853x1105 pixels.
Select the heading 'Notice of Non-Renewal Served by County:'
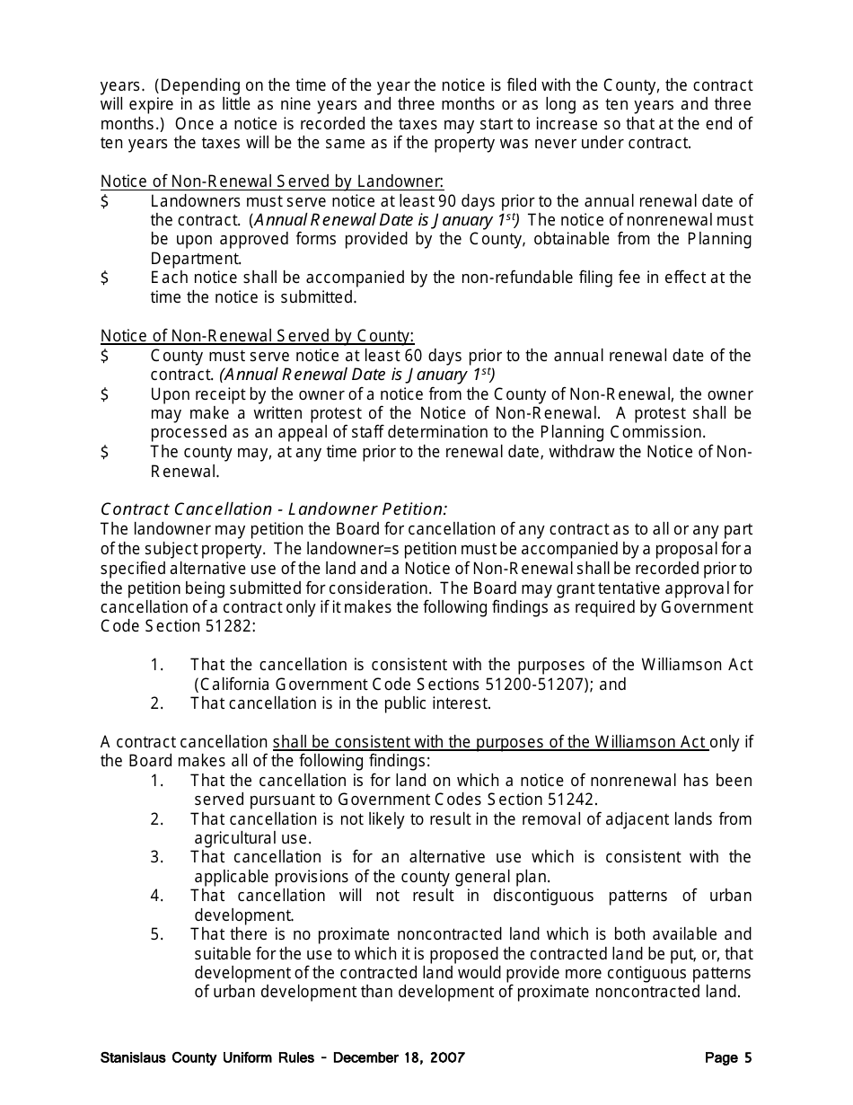pyautogui.click(x=257, y=336)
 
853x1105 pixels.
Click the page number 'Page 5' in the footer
pyautogui.click(x=728, y=1057)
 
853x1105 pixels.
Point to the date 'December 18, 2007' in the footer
pyautogui.click(x=399, y=1057)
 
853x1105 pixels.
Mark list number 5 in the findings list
pyautogui.click(x=157, y=934)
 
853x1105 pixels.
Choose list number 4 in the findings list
pyautogui.click(x=157, y=896)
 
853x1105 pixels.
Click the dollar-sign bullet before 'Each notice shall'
pyautogui.click(x=105, y=278)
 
